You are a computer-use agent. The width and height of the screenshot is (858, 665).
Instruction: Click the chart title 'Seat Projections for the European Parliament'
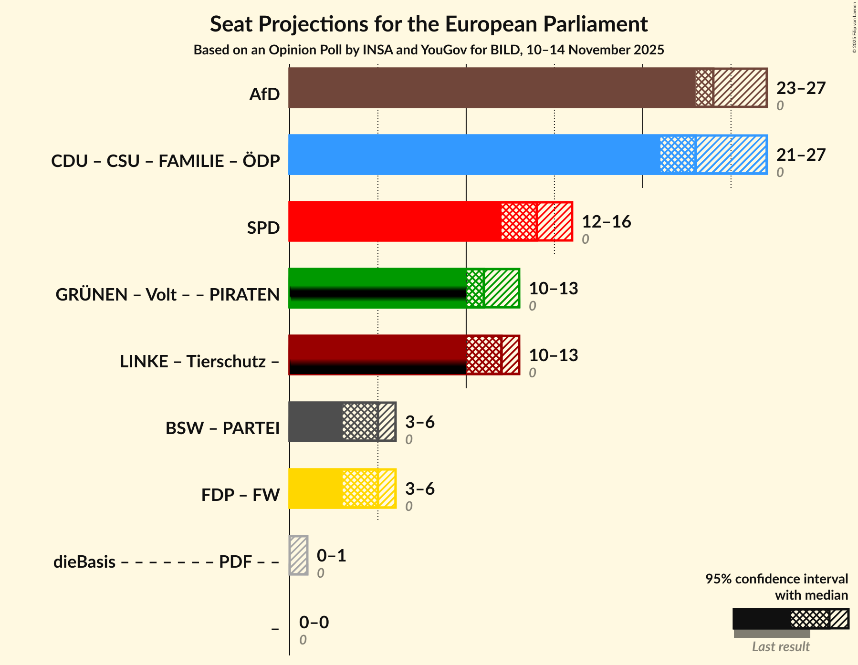click(429, 24)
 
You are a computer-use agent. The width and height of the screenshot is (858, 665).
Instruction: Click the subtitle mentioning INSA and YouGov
click(429, 50)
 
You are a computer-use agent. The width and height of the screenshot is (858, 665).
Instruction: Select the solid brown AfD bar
click(492, 88)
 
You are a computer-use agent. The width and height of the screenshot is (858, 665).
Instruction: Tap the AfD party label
click(264, 94)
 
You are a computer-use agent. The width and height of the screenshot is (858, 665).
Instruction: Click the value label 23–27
click(801, 88)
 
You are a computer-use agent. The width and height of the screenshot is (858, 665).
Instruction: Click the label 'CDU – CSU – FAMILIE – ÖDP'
click(165, 161)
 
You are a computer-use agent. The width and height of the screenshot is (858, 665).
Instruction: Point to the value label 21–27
click(801, 155)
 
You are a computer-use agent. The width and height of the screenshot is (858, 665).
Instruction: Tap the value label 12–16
click(606, 222)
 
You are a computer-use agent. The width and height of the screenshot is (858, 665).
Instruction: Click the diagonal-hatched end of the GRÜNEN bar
click(502, 288)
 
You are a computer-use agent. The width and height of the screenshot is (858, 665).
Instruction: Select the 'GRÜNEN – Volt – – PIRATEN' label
click(167, 295)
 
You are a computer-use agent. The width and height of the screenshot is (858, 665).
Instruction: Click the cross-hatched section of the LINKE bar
click(484, 355)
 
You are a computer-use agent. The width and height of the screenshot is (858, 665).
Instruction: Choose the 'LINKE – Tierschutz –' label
click(199, 362)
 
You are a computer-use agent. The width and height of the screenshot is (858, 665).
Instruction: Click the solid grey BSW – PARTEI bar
click(315, 422)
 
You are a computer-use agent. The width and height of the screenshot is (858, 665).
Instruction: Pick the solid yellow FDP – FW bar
click(315, 488)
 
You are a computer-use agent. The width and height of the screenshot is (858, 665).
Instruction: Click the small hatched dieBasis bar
click(299, 555)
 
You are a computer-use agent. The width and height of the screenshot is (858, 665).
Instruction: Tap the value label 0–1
click(331, 556)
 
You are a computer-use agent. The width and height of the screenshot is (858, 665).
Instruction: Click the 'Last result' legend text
click(781, 647)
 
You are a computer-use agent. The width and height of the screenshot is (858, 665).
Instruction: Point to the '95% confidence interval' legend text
click(776, 579)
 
